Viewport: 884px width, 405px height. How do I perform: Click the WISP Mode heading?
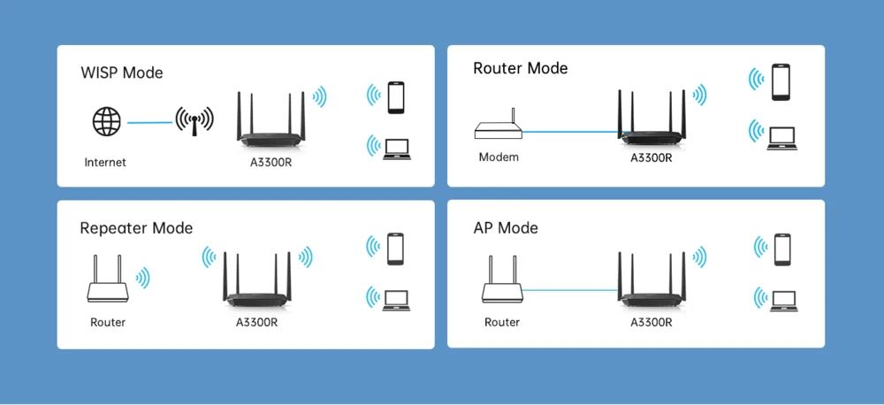[122, 73]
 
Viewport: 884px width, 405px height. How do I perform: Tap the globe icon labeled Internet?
[106, 121]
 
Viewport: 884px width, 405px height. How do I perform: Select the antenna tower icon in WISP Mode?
[194, 121]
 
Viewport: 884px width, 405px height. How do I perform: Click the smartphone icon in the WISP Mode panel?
[396, 96]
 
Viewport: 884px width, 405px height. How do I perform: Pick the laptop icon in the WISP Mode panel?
[397, 147]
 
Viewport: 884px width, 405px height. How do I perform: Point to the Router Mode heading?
[521, 68]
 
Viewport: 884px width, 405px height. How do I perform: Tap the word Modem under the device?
[499, 157]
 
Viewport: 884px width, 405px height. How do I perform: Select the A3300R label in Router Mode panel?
[652, 157]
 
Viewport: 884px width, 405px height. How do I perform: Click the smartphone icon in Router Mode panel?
[780, 81]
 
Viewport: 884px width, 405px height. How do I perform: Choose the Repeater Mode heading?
[136, 228]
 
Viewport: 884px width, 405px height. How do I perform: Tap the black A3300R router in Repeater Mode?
[257, 283]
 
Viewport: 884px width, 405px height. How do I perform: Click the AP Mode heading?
[506, 228]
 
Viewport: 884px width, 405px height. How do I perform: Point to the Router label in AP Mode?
[502, 322]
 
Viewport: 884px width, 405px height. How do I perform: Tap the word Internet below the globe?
[105, 162]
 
